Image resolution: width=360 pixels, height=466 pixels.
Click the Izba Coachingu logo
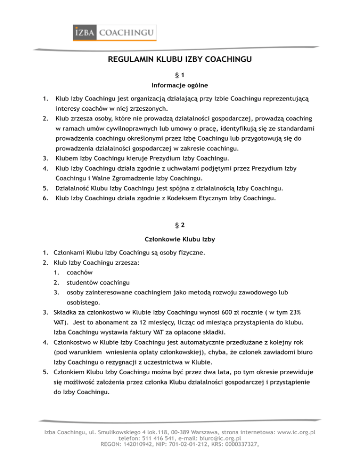tap(114, 33)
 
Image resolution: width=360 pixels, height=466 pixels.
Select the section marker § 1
tap(180, 75)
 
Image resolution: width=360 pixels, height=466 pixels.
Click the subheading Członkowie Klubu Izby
tap(180, 240)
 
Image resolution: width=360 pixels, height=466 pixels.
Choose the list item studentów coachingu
tap(99, 283)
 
